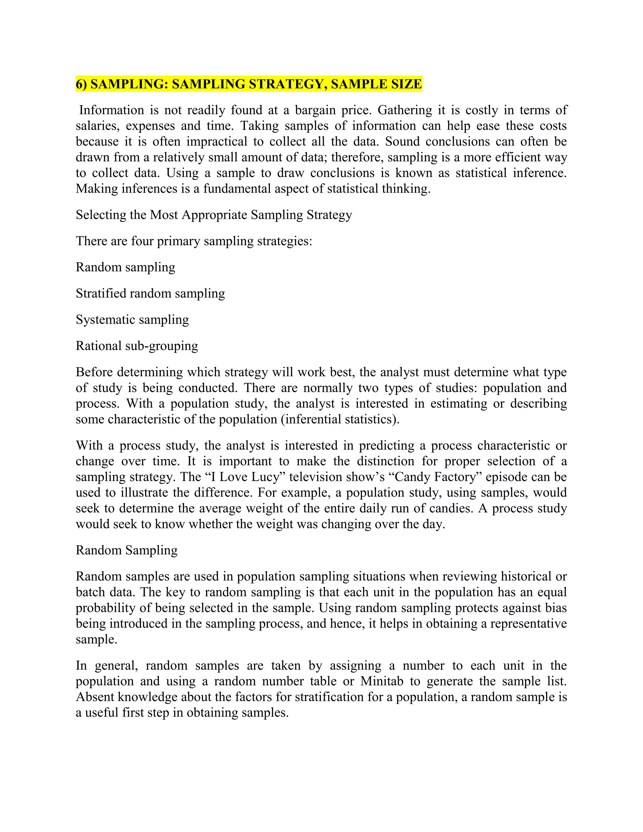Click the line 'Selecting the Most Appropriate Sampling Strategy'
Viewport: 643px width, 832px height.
point(214,215)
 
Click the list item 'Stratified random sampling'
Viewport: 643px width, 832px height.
point(150,293)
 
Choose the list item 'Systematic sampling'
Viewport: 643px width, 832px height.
point(132,320)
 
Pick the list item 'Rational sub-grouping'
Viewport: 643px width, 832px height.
point(137,346)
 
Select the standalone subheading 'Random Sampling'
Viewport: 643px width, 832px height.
point(127,550)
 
